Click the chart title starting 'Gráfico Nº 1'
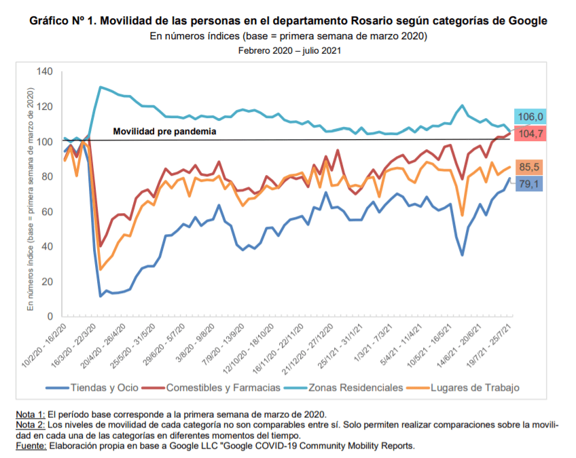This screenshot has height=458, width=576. pos(288,21)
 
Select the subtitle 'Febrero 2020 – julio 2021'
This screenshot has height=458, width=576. pos(289,50)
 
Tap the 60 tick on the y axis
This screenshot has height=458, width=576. pos(46,212)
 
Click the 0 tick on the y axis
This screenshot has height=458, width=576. pos(49,316)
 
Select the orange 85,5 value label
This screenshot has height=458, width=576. pos(532,166)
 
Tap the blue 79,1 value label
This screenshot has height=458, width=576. pos(532,183)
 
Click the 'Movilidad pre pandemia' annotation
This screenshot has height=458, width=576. pos(164,131)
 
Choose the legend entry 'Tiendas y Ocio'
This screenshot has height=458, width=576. pos(102,387)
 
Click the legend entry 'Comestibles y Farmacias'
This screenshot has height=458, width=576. pos(222,387)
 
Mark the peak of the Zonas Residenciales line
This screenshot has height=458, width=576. pos(101,87)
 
